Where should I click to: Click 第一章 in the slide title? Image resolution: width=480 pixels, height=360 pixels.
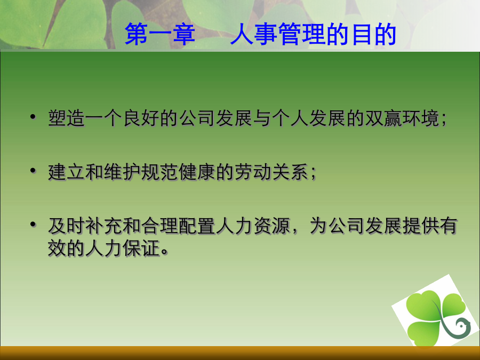[x=160, y=34]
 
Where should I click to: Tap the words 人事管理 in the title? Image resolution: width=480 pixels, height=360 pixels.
[x=278, y=34]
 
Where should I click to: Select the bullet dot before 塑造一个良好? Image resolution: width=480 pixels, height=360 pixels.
[x=33, y=117]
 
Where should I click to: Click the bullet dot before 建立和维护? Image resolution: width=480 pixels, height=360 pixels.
[x=33, y=170]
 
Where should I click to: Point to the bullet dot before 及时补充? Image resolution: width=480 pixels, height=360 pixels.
[x=33, y=224]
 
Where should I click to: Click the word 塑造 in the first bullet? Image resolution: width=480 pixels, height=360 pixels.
[x=67, y=118]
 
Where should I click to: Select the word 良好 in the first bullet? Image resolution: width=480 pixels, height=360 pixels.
[x=141, y=118]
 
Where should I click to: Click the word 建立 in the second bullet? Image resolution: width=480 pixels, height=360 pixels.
[x=67, y=172]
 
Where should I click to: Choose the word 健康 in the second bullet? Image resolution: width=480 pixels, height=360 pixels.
[x=197, y=172]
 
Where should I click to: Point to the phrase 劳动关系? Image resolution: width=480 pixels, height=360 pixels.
[x=272, y=172]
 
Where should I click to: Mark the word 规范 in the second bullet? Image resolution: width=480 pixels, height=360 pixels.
[x=160, y=172]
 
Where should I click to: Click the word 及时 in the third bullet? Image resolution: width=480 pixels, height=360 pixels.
[x=67, y=226]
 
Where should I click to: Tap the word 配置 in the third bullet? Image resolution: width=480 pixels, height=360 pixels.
[x=197, y=226]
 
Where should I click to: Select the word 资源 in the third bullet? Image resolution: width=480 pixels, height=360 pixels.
[x=272, y=226]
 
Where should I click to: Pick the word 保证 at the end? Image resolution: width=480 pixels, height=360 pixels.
[x=141, y=247]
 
